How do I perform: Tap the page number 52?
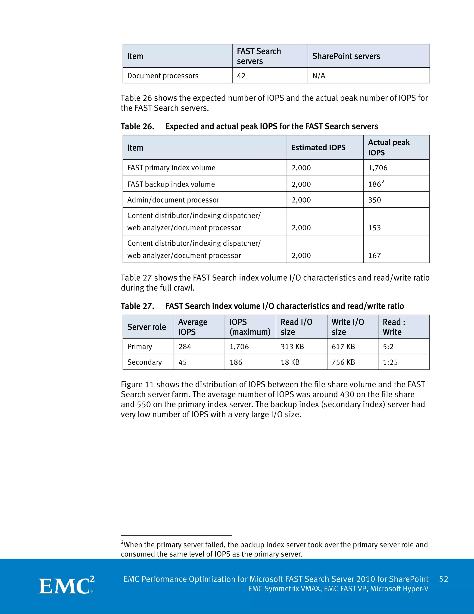(x=443, y=579)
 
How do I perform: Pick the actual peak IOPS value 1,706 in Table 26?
(x=378, y=168)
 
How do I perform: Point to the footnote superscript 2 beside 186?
(x=383, y=182)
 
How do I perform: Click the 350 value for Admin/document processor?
(x=375, y=200)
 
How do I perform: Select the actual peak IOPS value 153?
(x=375, y=228)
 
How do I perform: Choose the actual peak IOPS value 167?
(x=375, y=256)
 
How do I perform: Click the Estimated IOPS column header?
(x=318, y=148)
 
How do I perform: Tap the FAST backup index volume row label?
(x=171, y=184)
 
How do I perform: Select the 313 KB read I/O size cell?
(x=292, y=347)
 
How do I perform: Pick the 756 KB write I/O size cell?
(x=343, y=362)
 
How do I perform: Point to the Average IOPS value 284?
(x=185, y=347)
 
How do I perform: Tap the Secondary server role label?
(x=145, y=362)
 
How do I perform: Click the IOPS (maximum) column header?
(x=250, y=327)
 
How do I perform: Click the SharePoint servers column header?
(x=346, y=56)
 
